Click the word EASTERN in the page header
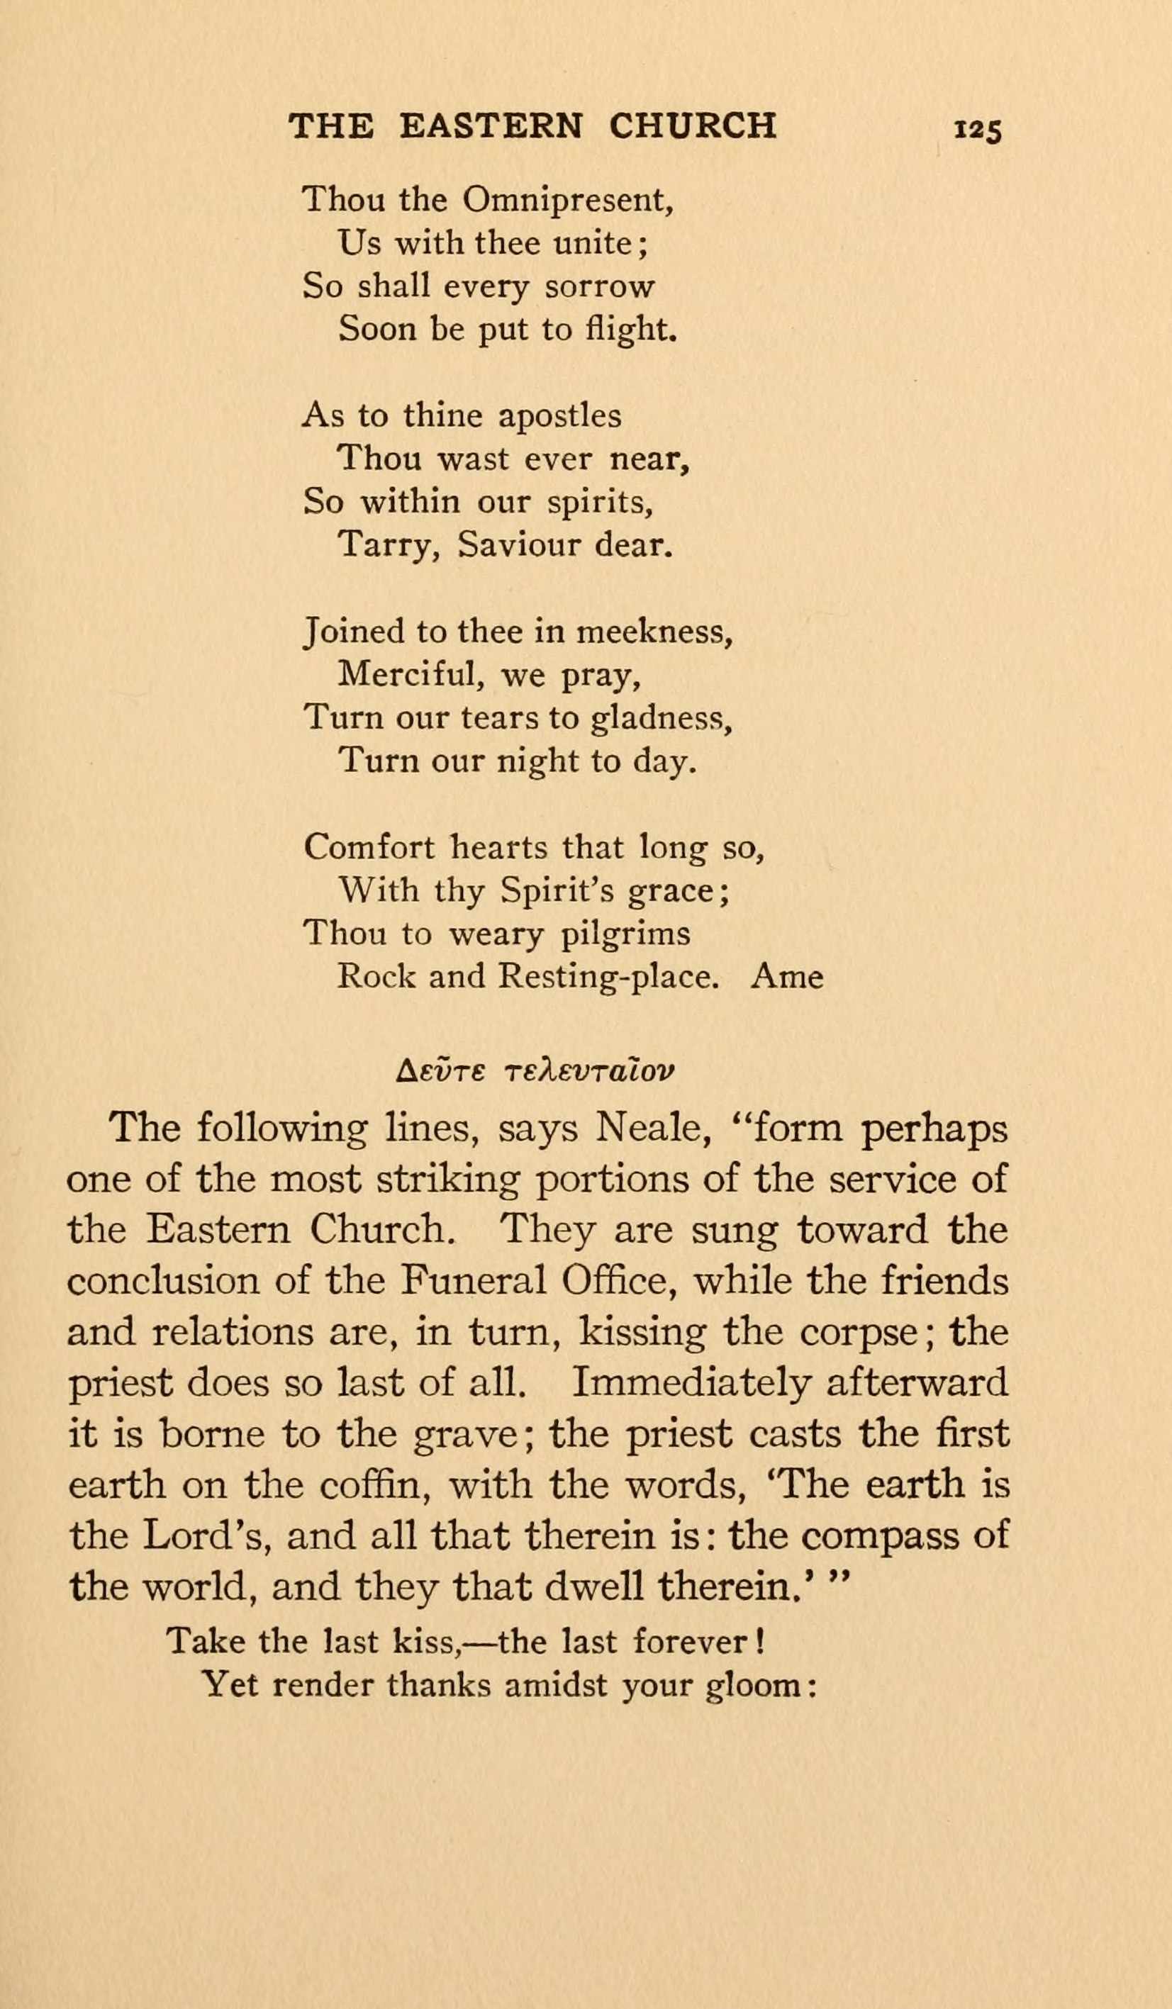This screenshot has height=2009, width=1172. tap(492, 125)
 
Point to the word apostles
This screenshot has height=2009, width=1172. tap(559, 416)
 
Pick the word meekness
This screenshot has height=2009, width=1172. tap(653, 632)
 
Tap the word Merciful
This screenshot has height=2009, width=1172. tap(406, 676)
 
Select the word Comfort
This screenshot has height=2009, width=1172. tap(369, 846)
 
